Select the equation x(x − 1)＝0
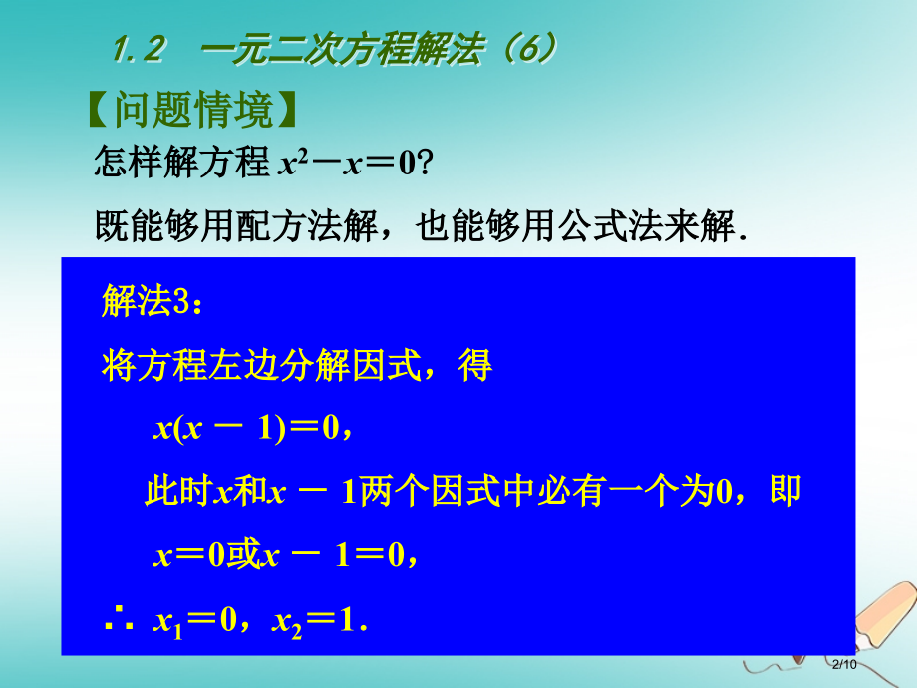point(246,428)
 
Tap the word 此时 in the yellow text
point(177,491)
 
